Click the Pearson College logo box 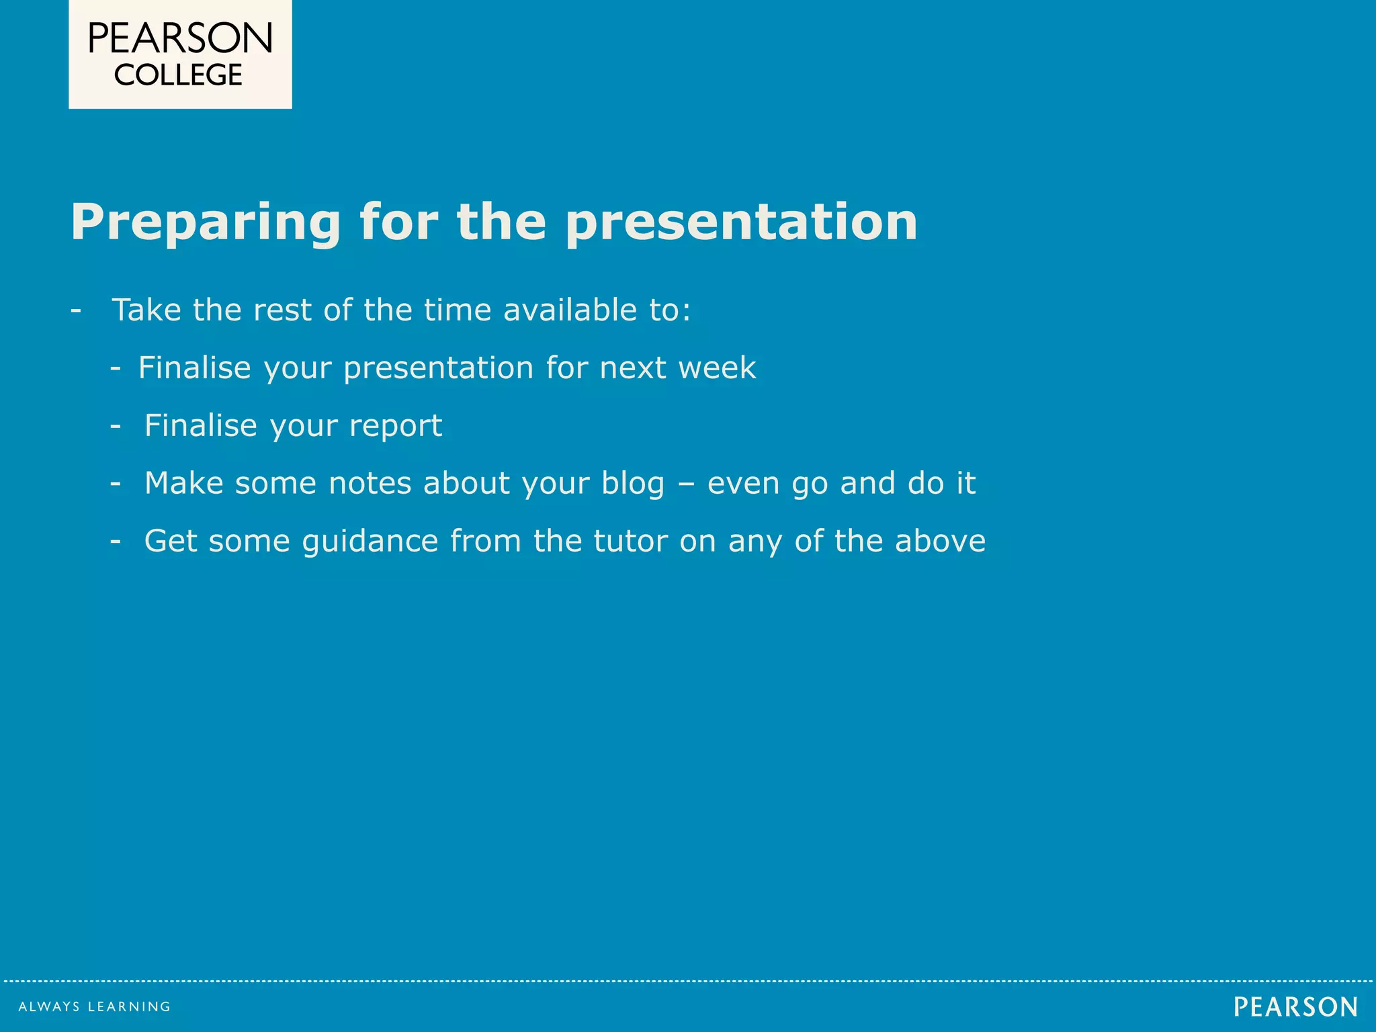coord(180,54)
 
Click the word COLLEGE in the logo coord(178,75)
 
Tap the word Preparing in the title coord(206,223)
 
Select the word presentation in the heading coord(741,223)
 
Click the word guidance coord(370,542)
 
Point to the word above coord(940,542)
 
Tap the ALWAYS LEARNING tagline coord(94,1006)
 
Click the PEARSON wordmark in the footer coord(1295,1006)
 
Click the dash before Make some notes coord(116,484)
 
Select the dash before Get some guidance coord(116,542)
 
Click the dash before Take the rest coord(76,311)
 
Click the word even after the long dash coord(744,484)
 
